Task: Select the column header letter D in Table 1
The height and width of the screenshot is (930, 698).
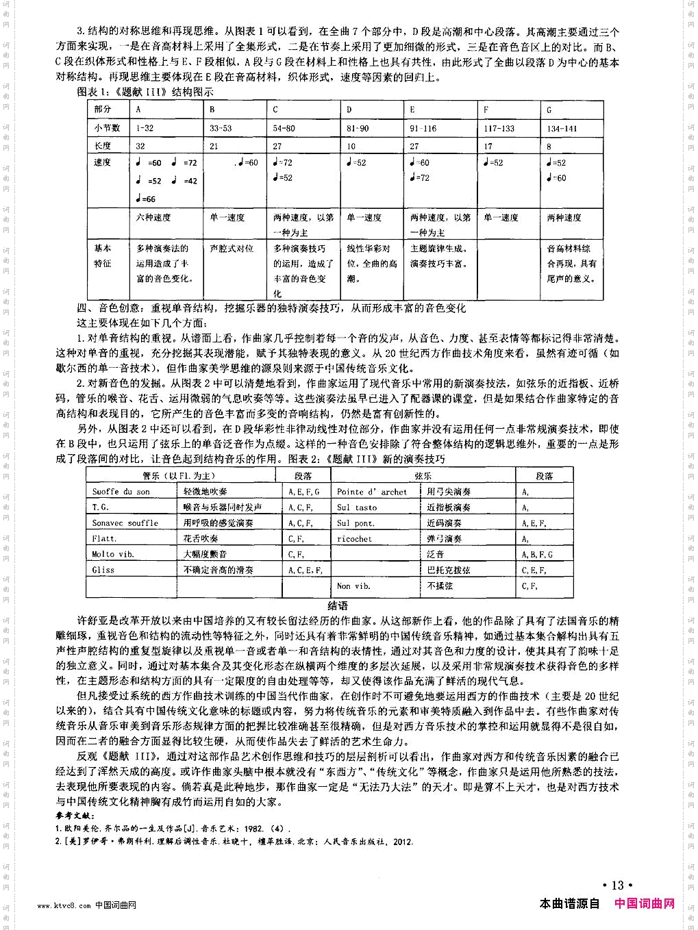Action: tap(349, 110)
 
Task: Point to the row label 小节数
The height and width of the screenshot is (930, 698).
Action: tap(107, 127)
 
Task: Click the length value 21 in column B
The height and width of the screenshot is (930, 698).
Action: tap(214, 146)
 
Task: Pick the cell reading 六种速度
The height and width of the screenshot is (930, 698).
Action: tap(153, 217)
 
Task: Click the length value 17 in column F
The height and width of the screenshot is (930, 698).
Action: tap(488, 146)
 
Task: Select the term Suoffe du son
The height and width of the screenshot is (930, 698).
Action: tap(121, 492)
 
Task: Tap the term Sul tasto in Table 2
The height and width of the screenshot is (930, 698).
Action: tap(356, 507)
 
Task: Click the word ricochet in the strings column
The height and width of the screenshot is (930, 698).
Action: tap(354, 539)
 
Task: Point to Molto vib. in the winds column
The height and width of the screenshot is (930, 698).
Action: tap(113, 554)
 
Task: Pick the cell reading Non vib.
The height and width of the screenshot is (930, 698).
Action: tap(353, 586)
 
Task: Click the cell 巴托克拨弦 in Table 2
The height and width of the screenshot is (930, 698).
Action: tap(449, 570)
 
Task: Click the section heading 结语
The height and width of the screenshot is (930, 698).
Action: tap(338, 605)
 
